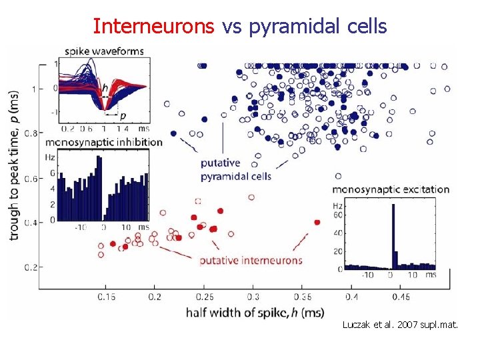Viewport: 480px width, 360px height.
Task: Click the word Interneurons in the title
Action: (154, 26)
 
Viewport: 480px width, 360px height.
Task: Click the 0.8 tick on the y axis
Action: (32, 134)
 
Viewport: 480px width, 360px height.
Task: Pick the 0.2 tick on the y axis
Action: (32, 267)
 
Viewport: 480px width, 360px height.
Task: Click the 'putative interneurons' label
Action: (251, 260)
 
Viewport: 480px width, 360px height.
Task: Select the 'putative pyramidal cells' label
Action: (236, 170)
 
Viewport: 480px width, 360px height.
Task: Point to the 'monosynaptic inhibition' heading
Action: (105, 142)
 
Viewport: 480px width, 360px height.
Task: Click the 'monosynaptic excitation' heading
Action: (390, 189)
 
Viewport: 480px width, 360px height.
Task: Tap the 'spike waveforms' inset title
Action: (104, 51)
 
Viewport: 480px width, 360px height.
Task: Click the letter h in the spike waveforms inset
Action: (104, 87)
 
